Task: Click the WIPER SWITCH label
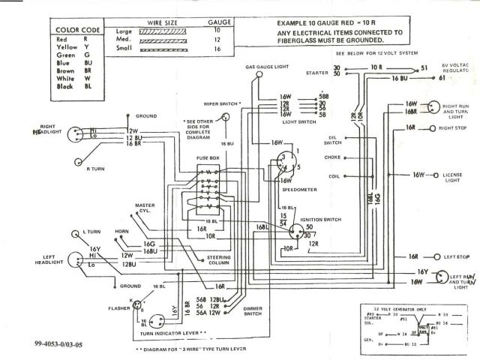[x=217, y=103]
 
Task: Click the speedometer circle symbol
[x=283, y=161]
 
